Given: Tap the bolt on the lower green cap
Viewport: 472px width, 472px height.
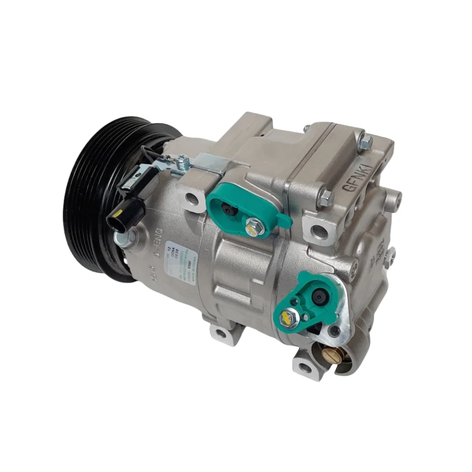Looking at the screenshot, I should tap(289, 317).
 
